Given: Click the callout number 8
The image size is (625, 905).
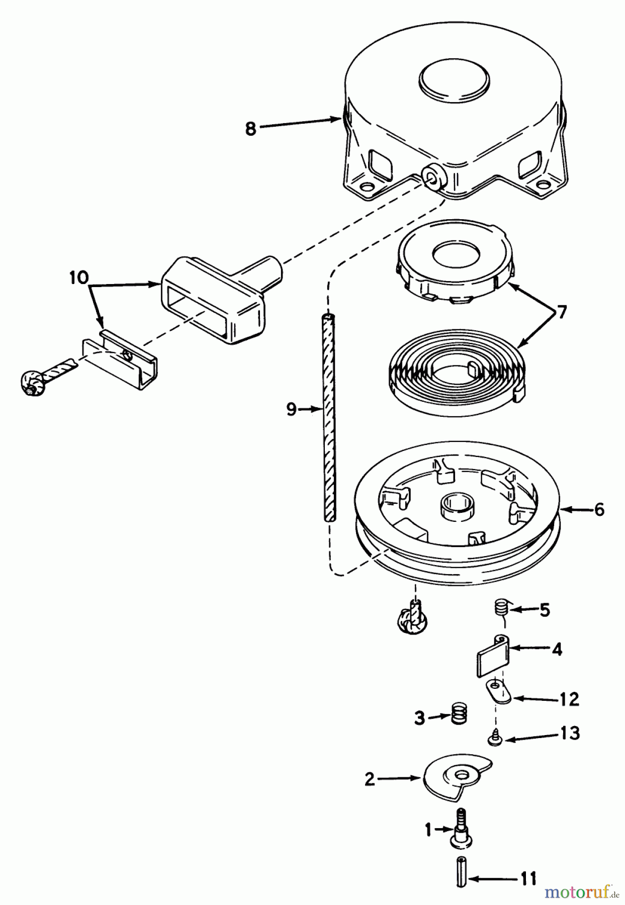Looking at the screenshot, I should click(x=250, y=129).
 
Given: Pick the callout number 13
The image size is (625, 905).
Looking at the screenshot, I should click(x=569, y=733).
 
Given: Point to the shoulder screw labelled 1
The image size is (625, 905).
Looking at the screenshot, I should click(x=461, y=831).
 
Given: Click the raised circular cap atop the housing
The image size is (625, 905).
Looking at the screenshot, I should click(x=454, y=80).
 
